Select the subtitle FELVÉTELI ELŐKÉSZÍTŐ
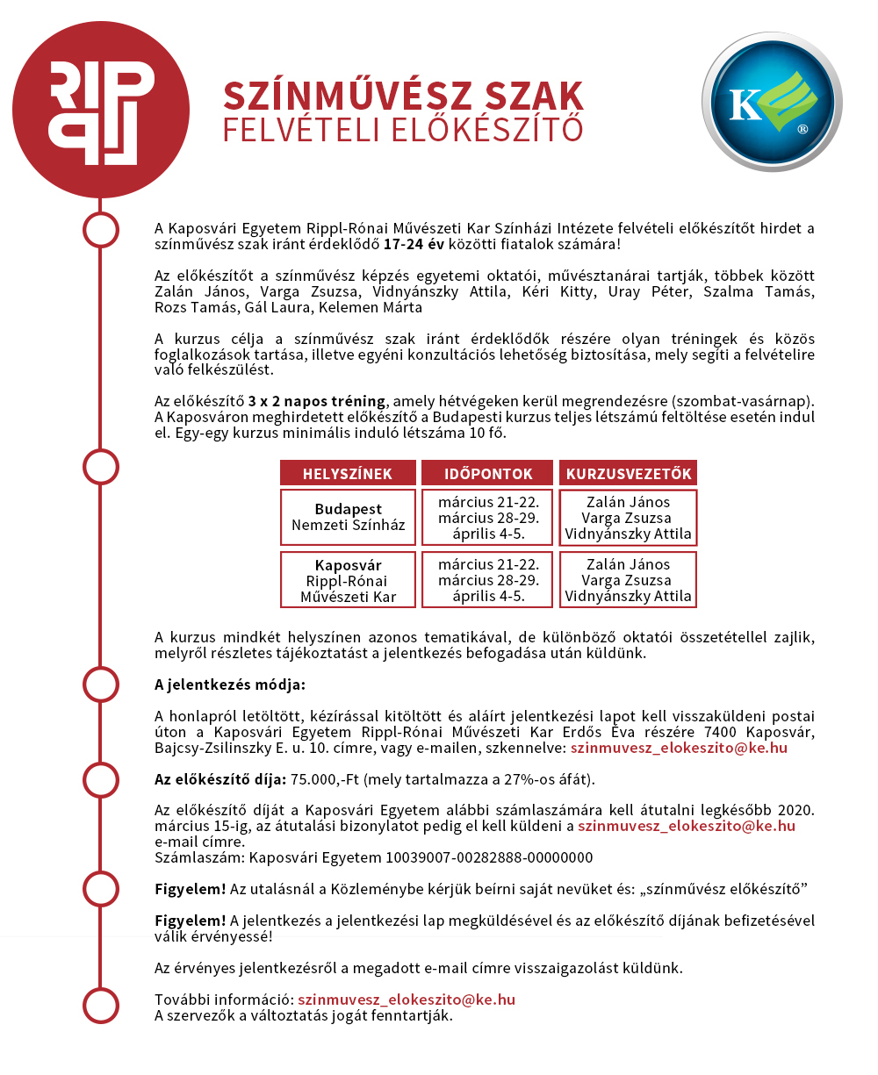(x=403, y=129)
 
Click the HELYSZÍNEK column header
(x=348, y=474)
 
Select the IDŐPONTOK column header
(x=487, y=474)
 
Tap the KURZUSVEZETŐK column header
(x=629, y=474)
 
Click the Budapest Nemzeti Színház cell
(x=348, y=518)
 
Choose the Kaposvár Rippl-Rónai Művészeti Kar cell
(x=348, y=580)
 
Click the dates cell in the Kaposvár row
(x=487, y=580)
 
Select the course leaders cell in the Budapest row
(x=629, y=518)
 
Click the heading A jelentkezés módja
(x=230, y=684)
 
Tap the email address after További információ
(x=407, y=1000)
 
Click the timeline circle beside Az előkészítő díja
(x=100, y=779)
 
